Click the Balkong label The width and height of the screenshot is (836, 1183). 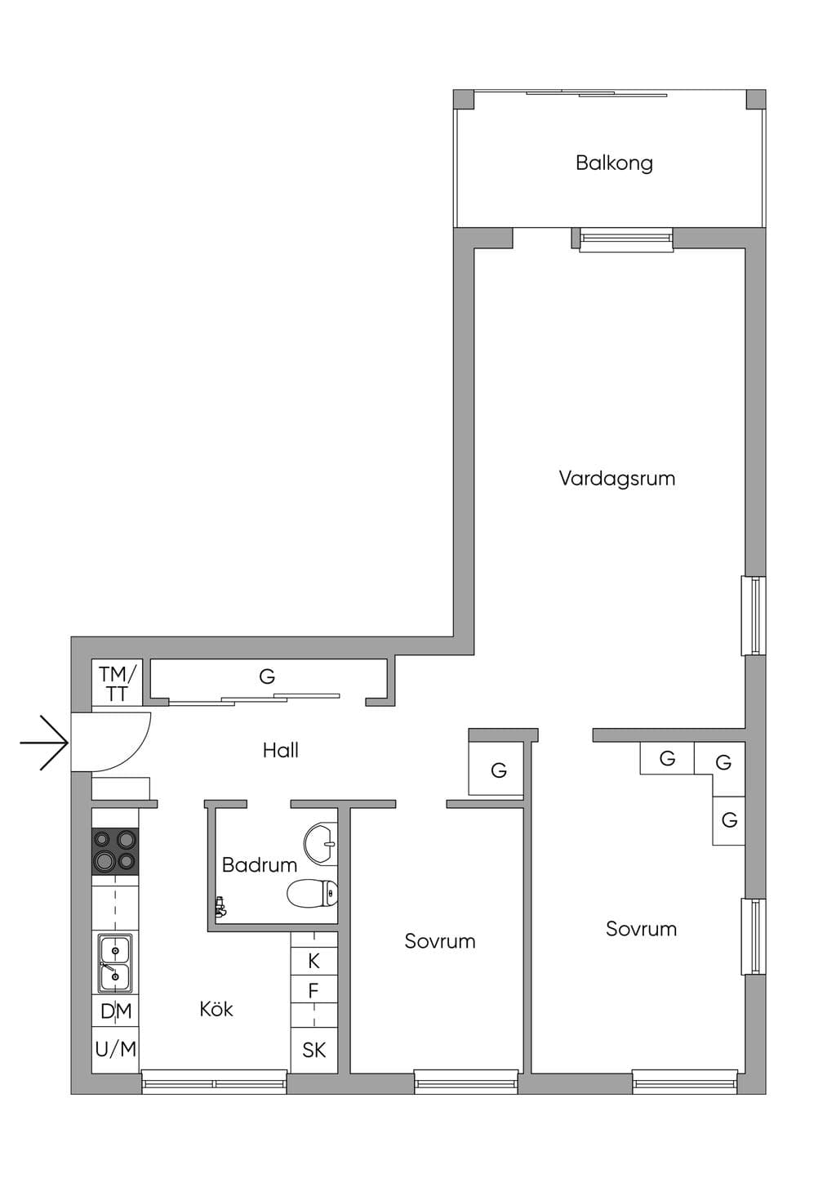614,163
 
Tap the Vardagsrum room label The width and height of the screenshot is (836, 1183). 617,479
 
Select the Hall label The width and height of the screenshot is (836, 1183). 281,751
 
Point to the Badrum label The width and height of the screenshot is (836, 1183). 259,865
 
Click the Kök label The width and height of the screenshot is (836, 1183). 216,1009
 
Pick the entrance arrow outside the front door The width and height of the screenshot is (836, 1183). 44,743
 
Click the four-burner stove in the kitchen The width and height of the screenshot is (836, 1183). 116,850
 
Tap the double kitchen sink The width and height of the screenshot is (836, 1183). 115,964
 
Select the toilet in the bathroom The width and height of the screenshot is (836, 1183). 313,893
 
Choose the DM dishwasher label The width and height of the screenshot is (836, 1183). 116,1011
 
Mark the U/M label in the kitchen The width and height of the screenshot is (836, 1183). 116,1049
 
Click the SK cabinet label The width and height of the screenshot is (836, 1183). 314,1051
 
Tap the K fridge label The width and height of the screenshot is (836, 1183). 314,961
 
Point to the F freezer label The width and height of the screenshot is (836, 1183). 313,991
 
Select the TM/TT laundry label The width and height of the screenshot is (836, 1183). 117,684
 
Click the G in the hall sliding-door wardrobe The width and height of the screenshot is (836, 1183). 267,676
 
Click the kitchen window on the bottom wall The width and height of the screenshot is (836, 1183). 214,1083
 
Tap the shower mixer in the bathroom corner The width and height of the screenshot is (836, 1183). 220,908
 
